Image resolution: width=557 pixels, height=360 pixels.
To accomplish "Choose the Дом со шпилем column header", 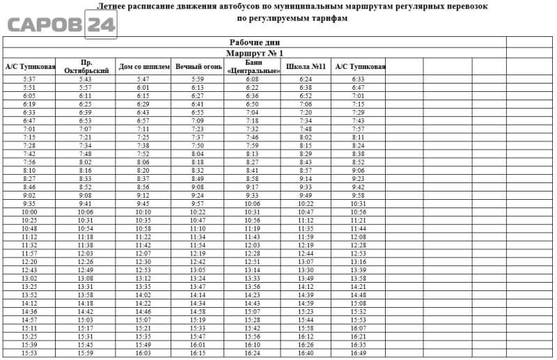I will tap(143, 67).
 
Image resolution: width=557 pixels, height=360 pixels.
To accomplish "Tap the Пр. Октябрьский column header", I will tap(86, 67).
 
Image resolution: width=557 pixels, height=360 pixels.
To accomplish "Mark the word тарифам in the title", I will tap(327, 18).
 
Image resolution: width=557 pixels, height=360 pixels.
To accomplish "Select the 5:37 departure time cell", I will tap(29, 79).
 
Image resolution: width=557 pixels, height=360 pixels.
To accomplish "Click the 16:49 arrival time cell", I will tap(359, 353).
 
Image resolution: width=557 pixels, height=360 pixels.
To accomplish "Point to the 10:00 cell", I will tap(29, 212).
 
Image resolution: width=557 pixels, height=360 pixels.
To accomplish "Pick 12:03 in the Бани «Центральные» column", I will tap(252, 245).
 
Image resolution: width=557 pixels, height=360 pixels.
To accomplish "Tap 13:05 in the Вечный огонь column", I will tap(198, 270).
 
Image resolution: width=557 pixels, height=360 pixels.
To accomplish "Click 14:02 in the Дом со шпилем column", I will tap(143, 295).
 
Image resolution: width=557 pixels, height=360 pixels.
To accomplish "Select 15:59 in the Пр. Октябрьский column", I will tap(86, 353).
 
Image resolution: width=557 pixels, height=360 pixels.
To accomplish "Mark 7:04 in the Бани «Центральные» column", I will tap(252, 113).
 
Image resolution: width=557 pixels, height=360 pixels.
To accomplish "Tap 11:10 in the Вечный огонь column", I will tap(198, 228).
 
